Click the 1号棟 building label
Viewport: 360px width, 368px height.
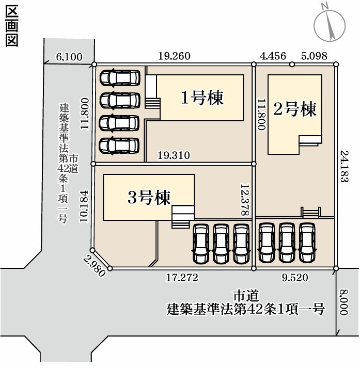[201, 97]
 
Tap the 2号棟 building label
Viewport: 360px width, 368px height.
[294, 110]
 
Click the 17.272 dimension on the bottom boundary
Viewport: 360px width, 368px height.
[182, 278]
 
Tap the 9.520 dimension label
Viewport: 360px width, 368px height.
[295, 278]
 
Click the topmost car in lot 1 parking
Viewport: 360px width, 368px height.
[119, 78]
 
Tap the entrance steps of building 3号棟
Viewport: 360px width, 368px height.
[181, 217]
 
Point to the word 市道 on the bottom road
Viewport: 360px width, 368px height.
[245, 296]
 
